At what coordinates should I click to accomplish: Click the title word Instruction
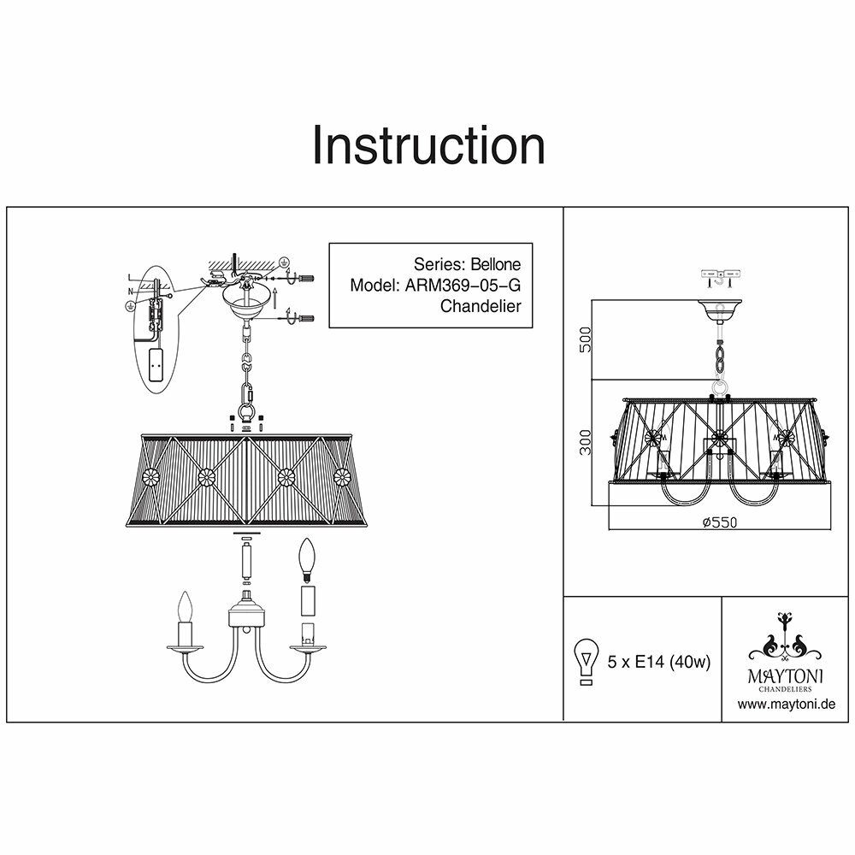tap(428, 145)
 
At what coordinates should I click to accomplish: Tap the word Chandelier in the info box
tap(481, 307)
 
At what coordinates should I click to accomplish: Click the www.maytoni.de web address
tap(786, 705)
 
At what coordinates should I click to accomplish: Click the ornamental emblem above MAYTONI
tap(786, 638)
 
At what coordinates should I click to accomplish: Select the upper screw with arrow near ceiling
tap(301, 279)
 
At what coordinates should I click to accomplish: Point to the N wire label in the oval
tap(129, 292)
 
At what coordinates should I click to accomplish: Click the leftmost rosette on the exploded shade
tap(150, 475)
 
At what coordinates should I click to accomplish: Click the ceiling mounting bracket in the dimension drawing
tap(719, 274)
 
